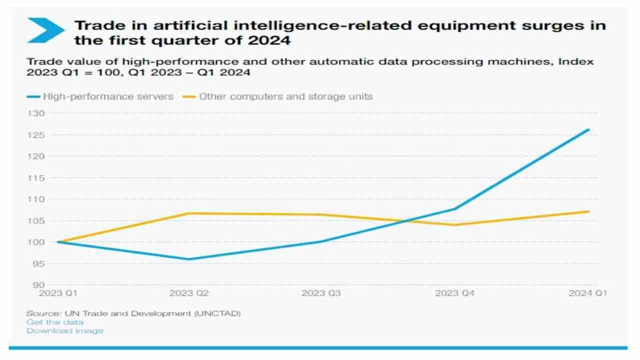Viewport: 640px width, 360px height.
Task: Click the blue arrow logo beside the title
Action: coord(45,30)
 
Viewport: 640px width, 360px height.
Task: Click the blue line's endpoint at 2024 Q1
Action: coord(589,129)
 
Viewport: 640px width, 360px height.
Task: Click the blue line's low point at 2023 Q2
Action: coord(188,259)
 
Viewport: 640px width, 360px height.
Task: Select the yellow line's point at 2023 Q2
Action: coord(188,213)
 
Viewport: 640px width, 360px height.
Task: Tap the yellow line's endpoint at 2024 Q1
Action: coord(589,211)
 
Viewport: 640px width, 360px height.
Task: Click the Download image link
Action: coord(64,331)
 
